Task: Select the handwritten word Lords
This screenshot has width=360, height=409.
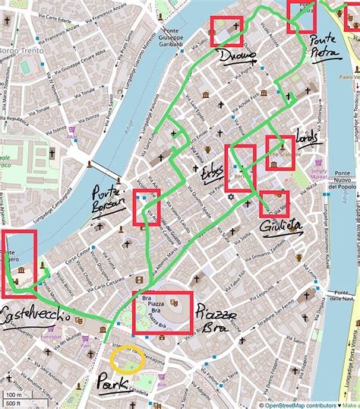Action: point(307,139)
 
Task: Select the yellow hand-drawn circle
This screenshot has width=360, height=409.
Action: point(125,359)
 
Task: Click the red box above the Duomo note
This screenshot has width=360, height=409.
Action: point(226,31)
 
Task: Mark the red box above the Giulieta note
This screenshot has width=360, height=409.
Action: point(273,204)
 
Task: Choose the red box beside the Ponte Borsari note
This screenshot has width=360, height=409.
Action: point(146,208)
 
